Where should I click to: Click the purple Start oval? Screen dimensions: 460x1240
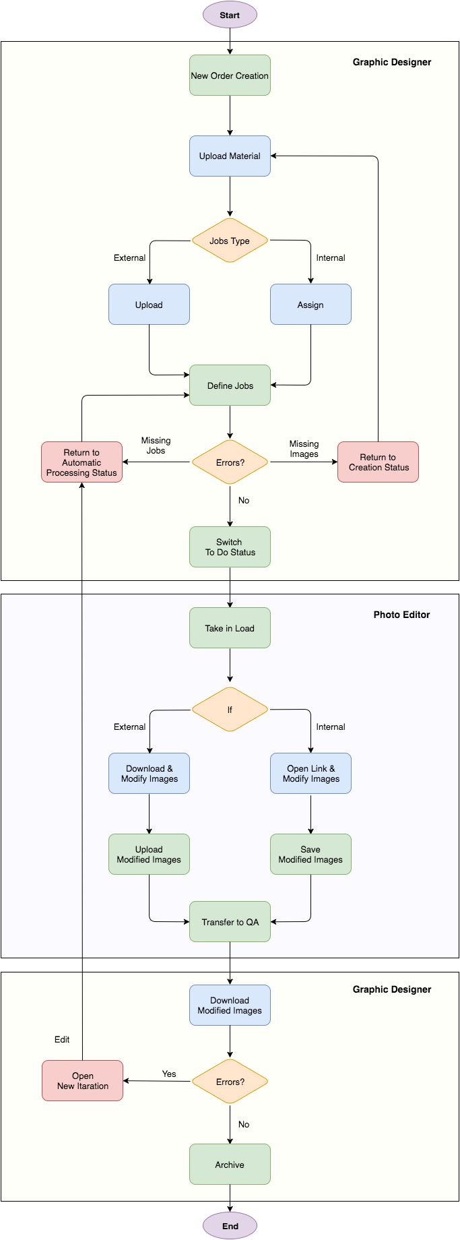tap(230, 15)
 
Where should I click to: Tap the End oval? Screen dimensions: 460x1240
tap(230, 1226)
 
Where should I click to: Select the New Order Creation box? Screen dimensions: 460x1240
tap(230, 75)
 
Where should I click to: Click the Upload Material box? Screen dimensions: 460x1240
tap(230, 156)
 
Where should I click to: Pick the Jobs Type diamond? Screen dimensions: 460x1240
tap(230, 241)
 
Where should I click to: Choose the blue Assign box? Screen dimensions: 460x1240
tap(310, 305)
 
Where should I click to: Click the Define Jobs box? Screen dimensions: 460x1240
tap(230, 385)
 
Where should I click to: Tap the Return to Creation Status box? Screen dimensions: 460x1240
tap(378, 462)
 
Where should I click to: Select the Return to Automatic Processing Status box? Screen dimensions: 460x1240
tap(81, 462)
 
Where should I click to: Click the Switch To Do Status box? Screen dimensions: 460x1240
tap(230, 547)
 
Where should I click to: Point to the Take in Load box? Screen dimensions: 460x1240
tap(230, 628)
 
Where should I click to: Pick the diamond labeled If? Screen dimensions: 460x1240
tap(230, 710)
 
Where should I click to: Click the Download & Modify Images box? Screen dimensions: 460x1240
tap(149, 774)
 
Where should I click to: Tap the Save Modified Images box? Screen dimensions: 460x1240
tap(310, 855)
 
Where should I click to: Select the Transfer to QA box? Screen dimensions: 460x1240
tap(230, 922)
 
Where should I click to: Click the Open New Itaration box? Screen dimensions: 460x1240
tap(82, 1081)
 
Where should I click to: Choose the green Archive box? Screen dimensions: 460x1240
tap(230, 1165)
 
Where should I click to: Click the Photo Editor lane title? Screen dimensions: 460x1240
tap(401, 615)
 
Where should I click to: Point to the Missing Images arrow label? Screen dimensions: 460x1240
tap(304, 449)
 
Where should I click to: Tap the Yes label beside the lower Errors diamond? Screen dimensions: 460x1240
tap(169, 1074)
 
